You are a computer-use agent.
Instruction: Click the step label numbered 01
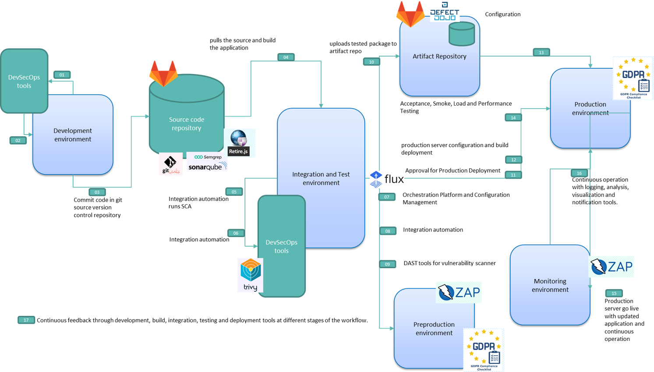coord(62,75)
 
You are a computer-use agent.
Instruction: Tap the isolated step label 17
coord(26,320)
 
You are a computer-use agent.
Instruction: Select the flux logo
coord(387,179)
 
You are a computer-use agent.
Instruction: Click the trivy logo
coord(251,275)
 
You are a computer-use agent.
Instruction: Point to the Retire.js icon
coord(239,143)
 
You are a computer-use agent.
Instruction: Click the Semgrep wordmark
coord(208,157)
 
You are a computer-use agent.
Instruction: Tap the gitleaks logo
coord(170,164)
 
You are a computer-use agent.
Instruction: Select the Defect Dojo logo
coord(444,11)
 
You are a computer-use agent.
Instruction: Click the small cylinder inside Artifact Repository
coord(462,34)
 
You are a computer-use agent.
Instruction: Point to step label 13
coord(541,53)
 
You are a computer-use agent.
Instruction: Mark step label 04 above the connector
coord(286,57)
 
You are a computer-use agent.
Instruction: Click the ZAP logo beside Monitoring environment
coord(612,266)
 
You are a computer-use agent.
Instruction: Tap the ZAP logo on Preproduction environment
coord(459,292)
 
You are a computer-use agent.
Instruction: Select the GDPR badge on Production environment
coord(633,78)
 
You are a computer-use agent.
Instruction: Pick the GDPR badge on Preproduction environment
coord(484,350)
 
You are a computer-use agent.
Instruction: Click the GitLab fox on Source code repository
coord(163,73)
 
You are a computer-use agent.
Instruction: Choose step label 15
coord(614,293)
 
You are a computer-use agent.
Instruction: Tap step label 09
coord(388,264)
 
